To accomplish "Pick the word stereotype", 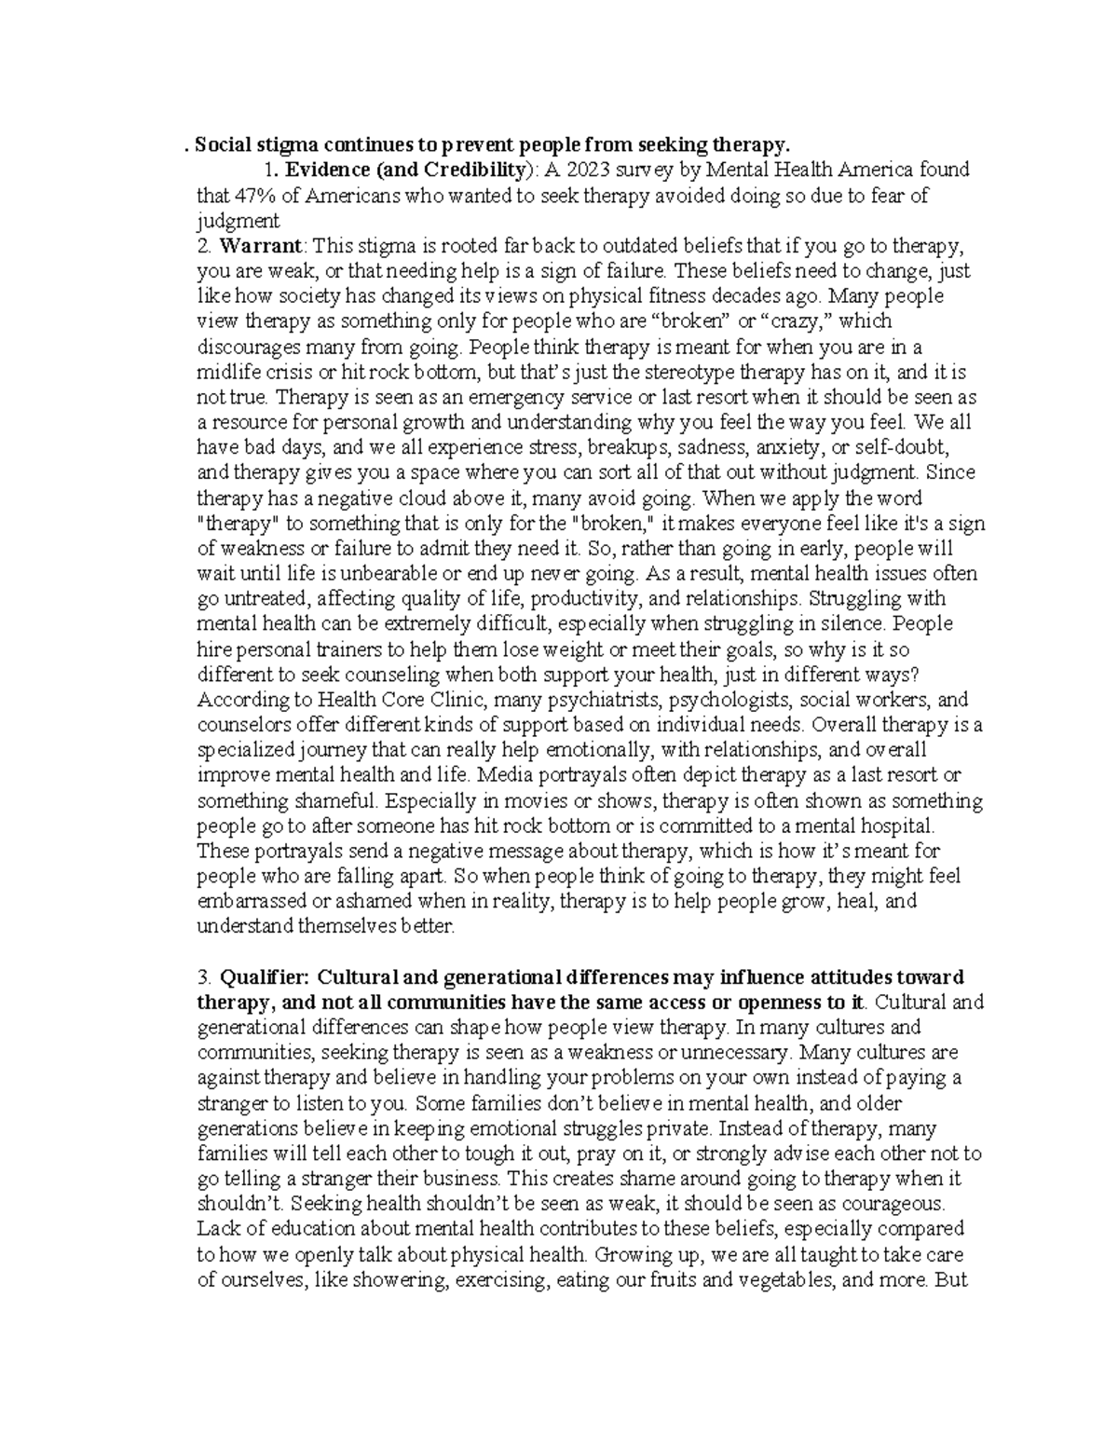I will pyautogui.click(x=699, y=372).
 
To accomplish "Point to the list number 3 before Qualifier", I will pyautogui.click(x=202, y=976).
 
